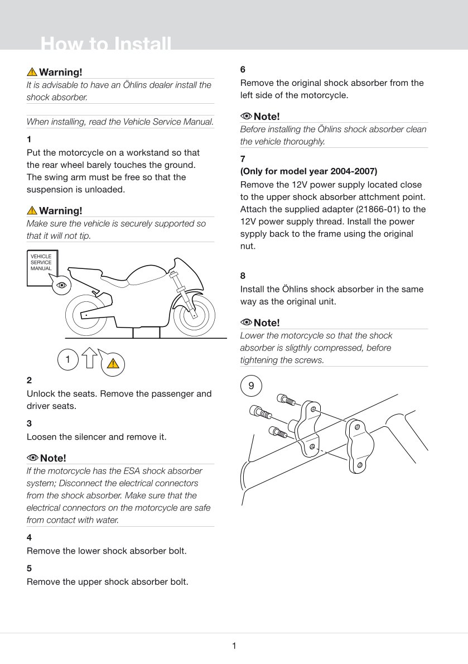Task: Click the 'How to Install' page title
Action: (x=106, y=44)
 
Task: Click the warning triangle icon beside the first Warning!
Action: (x=32, y=72)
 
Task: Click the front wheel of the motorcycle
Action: (x=194, y=315)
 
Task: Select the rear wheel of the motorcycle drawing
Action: (x=86, y=315)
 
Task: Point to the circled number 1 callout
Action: (x=68, y=360)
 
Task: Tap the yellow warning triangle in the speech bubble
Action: (x=113, y=364)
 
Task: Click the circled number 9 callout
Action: (x=251, y=386)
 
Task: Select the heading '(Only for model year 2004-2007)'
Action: (x=308, y=171)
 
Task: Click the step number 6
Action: (x=243, y=70)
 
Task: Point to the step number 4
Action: (x=29, y=537)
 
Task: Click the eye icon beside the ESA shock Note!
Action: (x=32, y=458)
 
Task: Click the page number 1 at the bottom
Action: (x=234, y=646)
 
